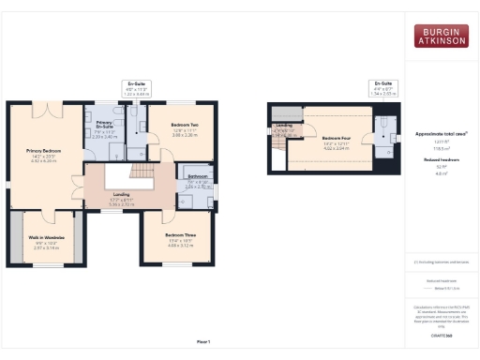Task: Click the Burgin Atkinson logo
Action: tap(441, 36)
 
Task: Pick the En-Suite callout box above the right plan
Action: tap(385, 87)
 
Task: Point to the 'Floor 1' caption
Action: tap(202, 341)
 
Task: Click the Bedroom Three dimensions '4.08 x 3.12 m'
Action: tap(180, 246)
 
